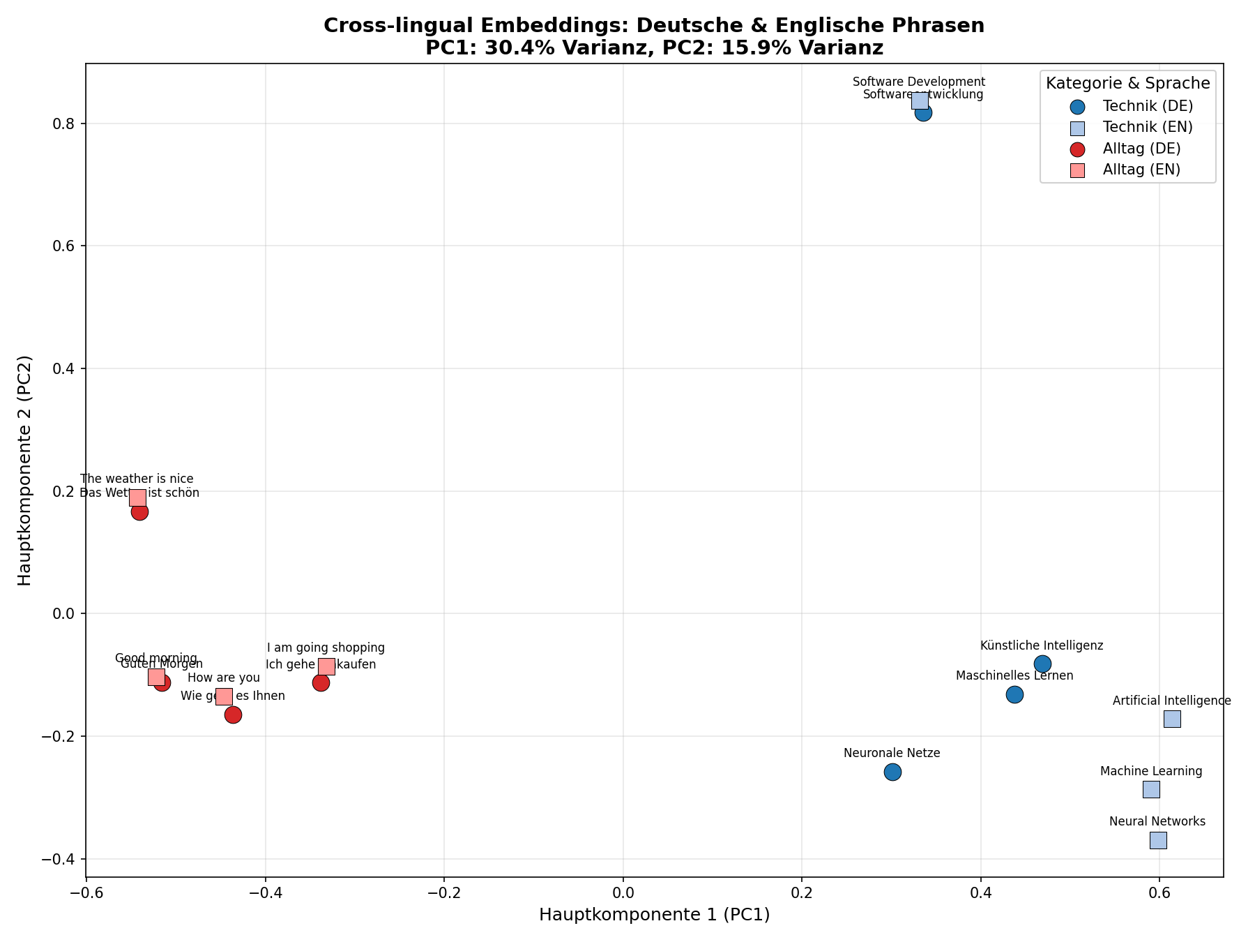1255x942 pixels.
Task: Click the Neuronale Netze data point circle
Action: (x=892, y=772)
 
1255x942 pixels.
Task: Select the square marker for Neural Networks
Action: (x=1158, y=840)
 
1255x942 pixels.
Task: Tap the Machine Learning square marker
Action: (x=1151, y=789)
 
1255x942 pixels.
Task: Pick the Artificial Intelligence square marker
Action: (x=1172, y=719)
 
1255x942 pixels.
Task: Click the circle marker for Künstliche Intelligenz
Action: (x=1042, y=664)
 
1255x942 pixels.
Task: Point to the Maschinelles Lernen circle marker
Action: (x=1014, y=694)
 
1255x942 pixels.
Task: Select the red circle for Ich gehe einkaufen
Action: (x=321, y=682)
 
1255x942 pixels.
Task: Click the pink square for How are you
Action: (x=224, y=696)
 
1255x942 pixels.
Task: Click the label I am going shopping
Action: (x=326, y=648)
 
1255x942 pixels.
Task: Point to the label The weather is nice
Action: (x=137, y=479)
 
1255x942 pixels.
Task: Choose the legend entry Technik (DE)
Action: (x=1148, y=106)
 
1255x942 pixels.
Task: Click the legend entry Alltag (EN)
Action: (x=1141, y=170)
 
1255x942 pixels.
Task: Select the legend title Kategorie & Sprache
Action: (x=1127, y=84)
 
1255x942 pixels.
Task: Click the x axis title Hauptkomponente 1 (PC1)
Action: (x=654, y=915)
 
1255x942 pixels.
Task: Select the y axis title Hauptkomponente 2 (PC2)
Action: (x=25, y=470)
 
